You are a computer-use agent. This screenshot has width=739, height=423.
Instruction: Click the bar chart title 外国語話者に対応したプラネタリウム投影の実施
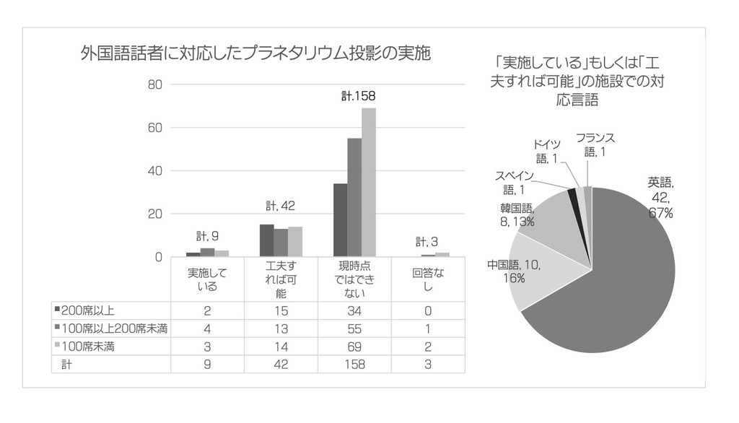coord(255,53)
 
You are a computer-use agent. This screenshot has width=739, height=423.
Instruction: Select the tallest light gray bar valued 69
coord(369,182)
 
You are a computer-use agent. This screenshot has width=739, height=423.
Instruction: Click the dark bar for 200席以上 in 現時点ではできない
coord(340,220)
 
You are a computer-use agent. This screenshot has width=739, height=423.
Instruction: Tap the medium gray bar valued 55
coord(354,197)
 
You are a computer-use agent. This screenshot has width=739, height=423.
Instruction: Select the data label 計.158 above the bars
coord(359,95)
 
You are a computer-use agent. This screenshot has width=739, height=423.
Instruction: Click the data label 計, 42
coord(281,206)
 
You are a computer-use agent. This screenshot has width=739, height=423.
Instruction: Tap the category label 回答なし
coord(427,280)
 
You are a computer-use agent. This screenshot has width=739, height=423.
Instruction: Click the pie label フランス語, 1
coord(595,145)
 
